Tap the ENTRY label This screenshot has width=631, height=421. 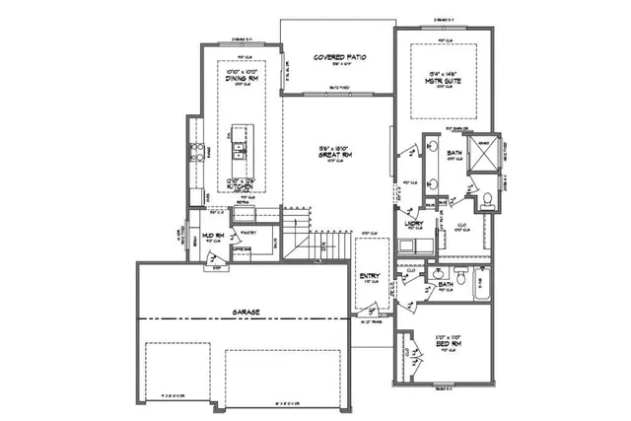(x=370, y=274)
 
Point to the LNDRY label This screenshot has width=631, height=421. (x=415, y=225)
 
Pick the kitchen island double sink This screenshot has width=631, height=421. (x=239, y=152)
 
